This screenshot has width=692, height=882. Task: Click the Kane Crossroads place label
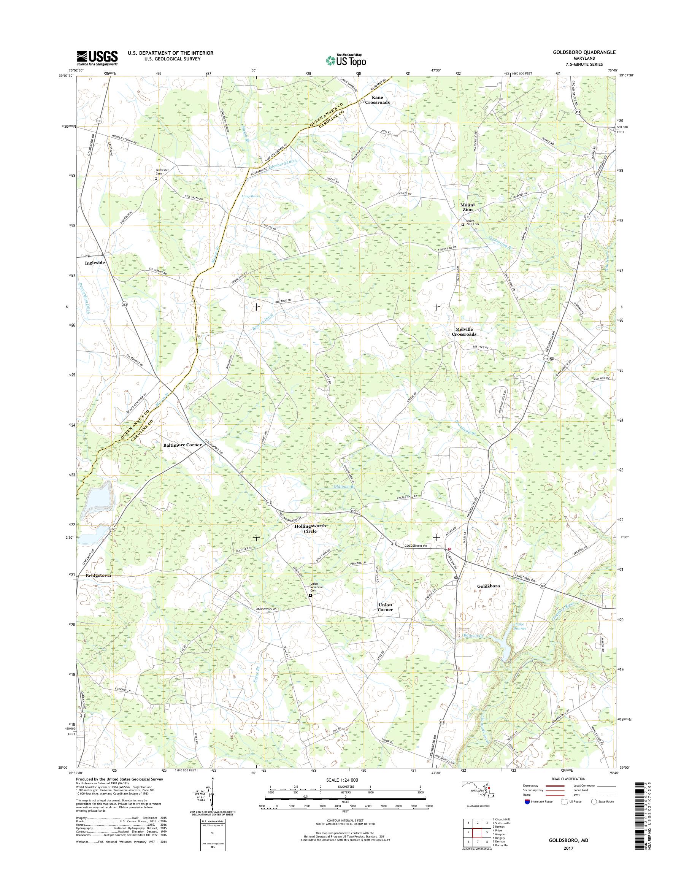[x=377, y=100]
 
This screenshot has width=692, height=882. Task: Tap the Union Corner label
[x=385, y=607]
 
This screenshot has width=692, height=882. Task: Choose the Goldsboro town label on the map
[x=489, y=586]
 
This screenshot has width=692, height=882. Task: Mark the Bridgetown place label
[x=98, y=575]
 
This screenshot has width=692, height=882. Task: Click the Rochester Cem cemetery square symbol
[x=156, y=178]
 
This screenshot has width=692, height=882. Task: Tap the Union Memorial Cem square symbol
[x=311, y=596]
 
